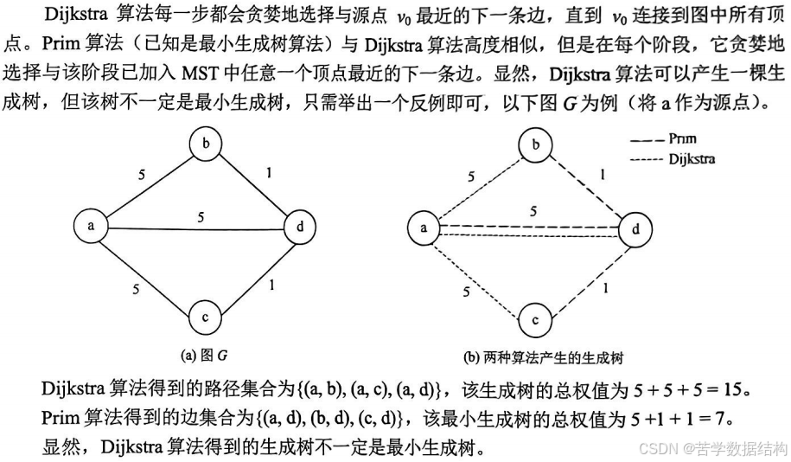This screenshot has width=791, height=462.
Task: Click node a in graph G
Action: [90, 227]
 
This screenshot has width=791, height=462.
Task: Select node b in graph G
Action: [205, 144]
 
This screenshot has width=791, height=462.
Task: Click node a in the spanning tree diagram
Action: [424, 228]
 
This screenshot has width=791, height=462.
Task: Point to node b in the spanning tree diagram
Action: [536, 144]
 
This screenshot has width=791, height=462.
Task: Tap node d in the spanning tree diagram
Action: [636, 231]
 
